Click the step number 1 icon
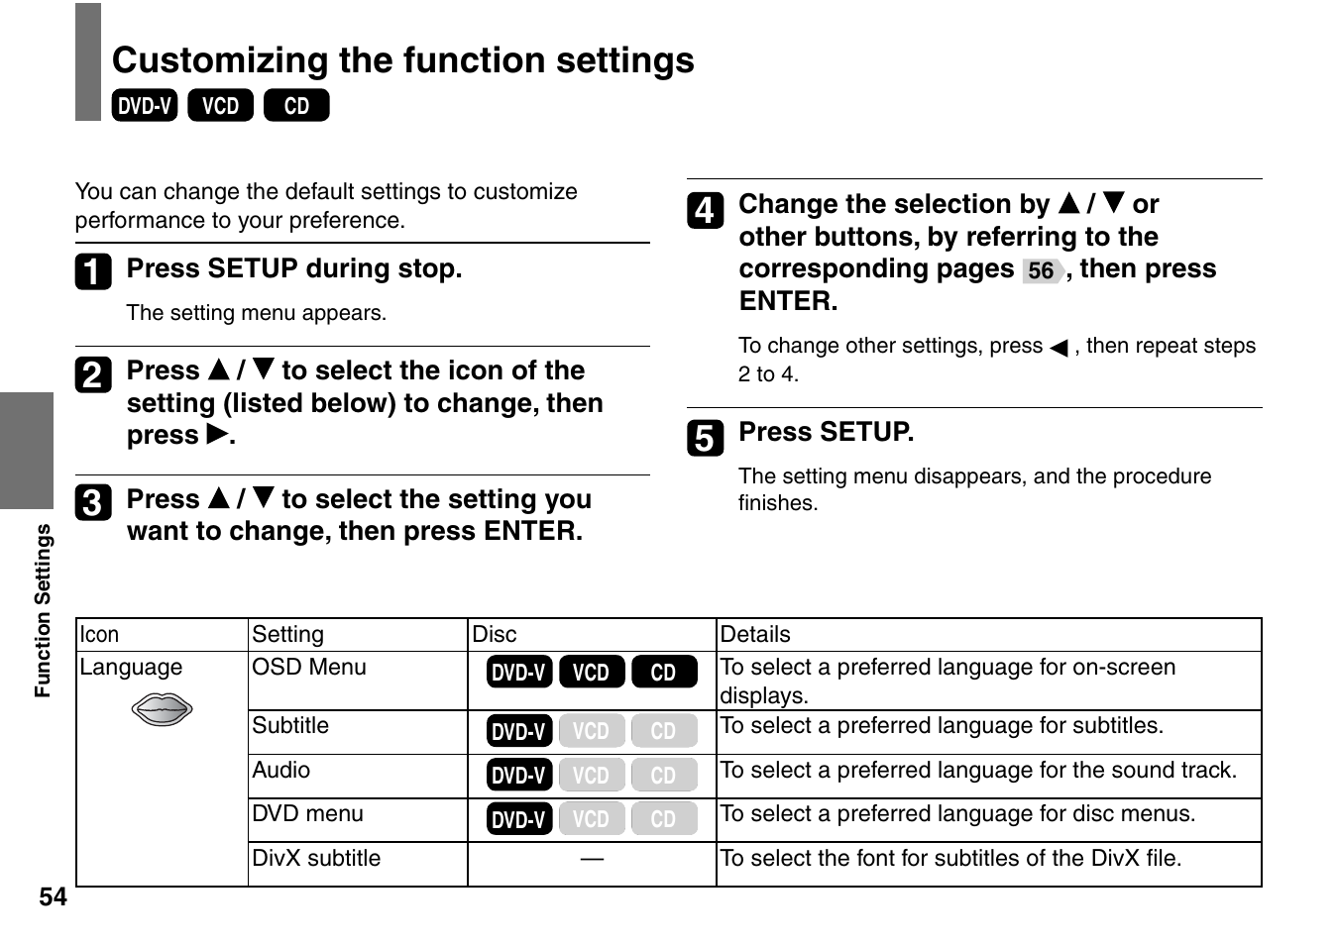pos(93,271)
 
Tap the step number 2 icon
pos(93,374)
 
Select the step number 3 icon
pos(93,502)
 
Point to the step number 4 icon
pos(705,210)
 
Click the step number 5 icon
pos(705,437)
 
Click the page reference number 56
pos(1041,270)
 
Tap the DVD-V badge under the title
pos(145,106)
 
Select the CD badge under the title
pos(296,106)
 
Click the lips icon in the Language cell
pos(162,709)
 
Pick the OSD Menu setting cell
pos(308,668)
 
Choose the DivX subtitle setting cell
pos(316,859)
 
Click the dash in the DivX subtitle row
pos(592,859)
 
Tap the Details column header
pos(755,635)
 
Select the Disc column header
pos(495,635)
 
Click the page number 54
pos(53,897)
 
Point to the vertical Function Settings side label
pos(43,610)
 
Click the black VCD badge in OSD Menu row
pos(592,673)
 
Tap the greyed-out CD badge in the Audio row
pos(664,775)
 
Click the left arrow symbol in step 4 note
pos(1059,348)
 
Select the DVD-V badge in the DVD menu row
pos(519,819)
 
